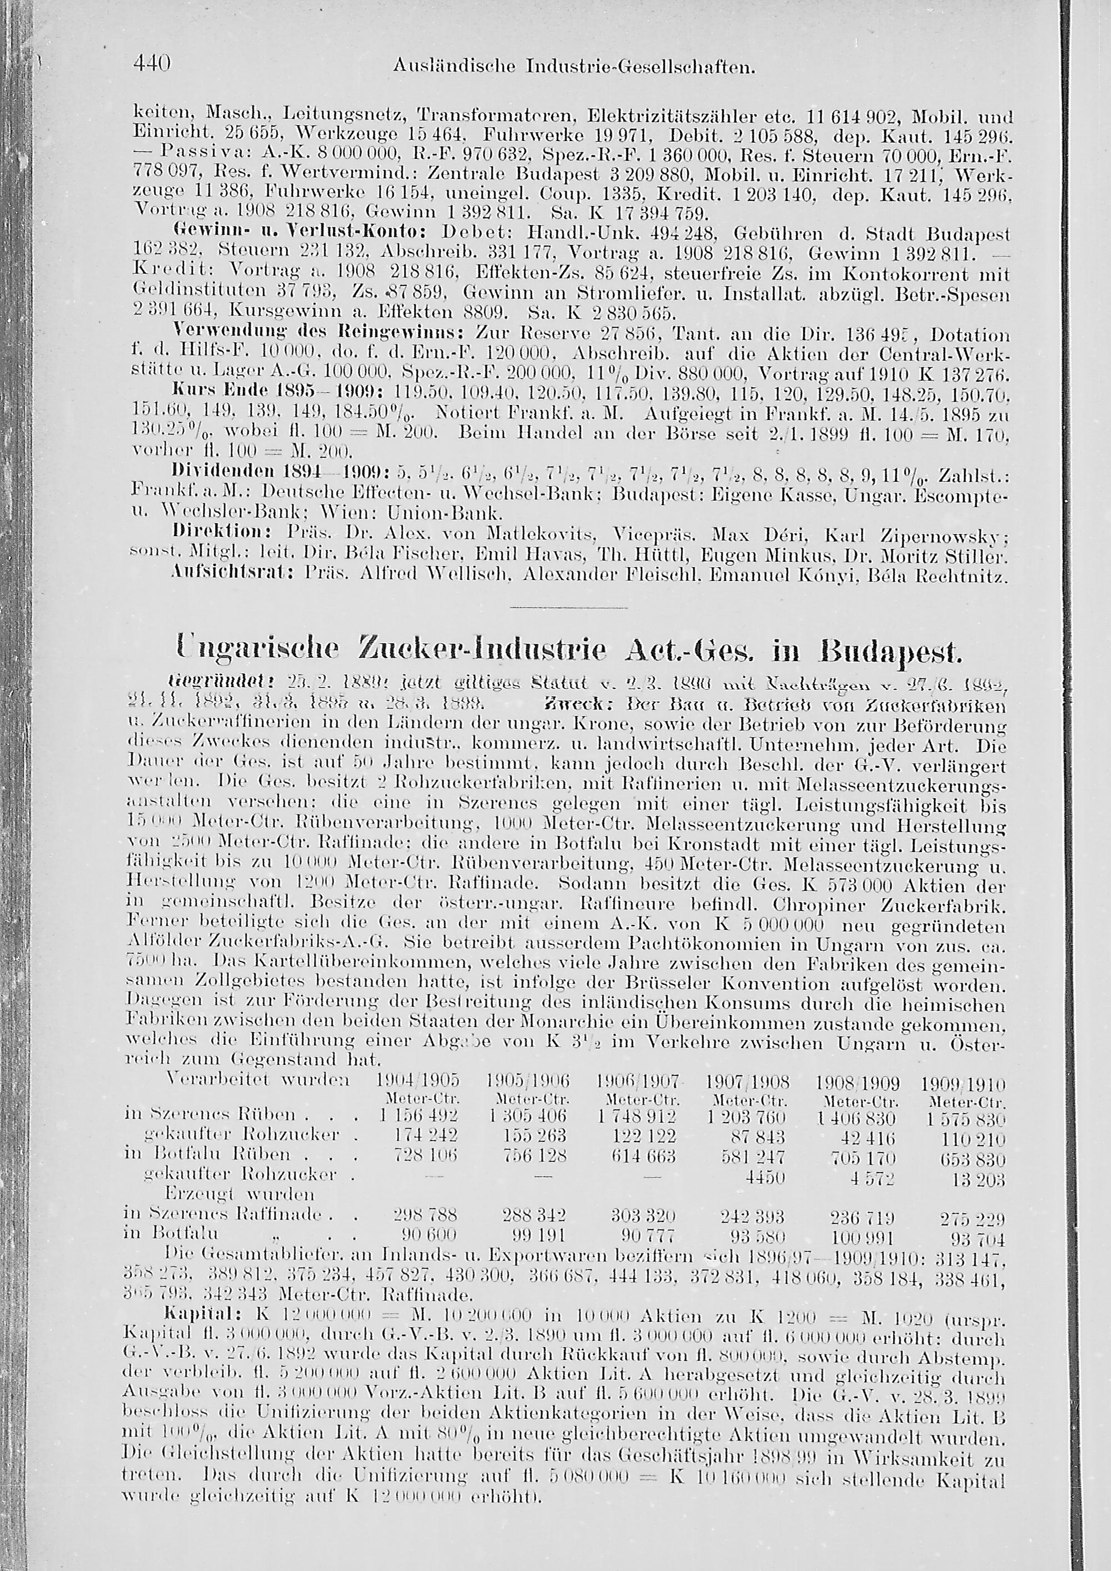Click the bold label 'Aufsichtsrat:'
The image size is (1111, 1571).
[216, 577]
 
